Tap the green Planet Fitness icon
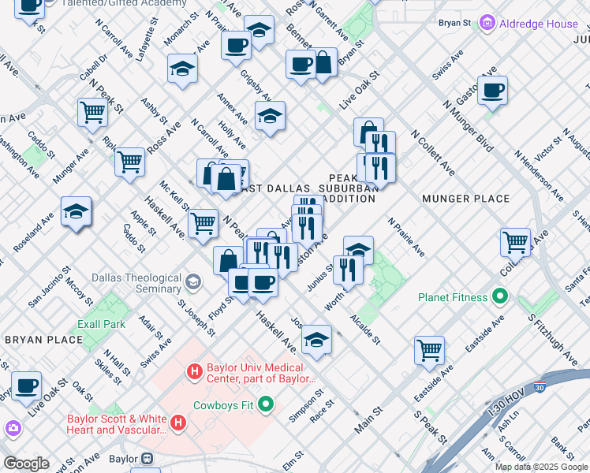(x=499, y=297)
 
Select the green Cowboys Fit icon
(x=265, y=405)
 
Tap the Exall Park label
(x=101, y=324)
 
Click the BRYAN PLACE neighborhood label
(x=43, y=339)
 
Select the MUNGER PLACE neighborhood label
(x=465, y=199)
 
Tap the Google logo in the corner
(x=26, y=464)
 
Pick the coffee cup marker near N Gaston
(x=492, y=91)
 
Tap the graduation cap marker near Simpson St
(x=316, y=340)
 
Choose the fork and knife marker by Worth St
(x=347, y=269)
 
